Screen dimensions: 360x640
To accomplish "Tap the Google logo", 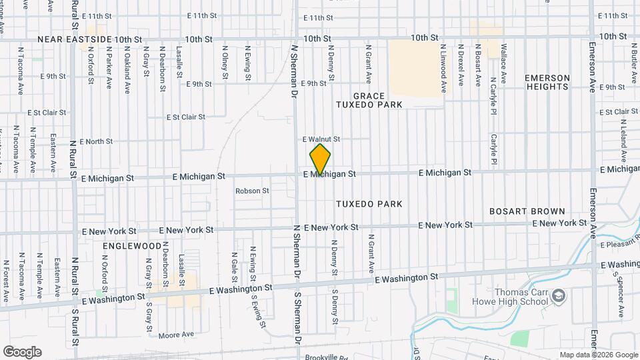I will click(x=22, y=352).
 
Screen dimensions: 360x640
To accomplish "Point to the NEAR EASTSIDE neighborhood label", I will click(x=74, y=39).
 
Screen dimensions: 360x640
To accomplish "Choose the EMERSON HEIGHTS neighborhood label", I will click(x=548, y=82).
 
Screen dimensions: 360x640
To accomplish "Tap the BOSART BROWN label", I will click(x=527, y=211).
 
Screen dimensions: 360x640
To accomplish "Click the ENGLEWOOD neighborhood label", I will click(x=132, y=246).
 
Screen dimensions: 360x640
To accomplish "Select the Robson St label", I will click(x=252, y=191).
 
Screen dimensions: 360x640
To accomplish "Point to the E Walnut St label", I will click(x=321, y=139).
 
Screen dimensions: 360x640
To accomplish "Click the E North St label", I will click(x=96, y=141).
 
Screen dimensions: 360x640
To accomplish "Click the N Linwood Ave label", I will click(x=443, y=68).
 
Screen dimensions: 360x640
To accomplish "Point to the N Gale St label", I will click(x=234, y=263).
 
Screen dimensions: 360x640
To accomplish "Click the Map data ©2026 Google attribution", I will click(x=598, y=355).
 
